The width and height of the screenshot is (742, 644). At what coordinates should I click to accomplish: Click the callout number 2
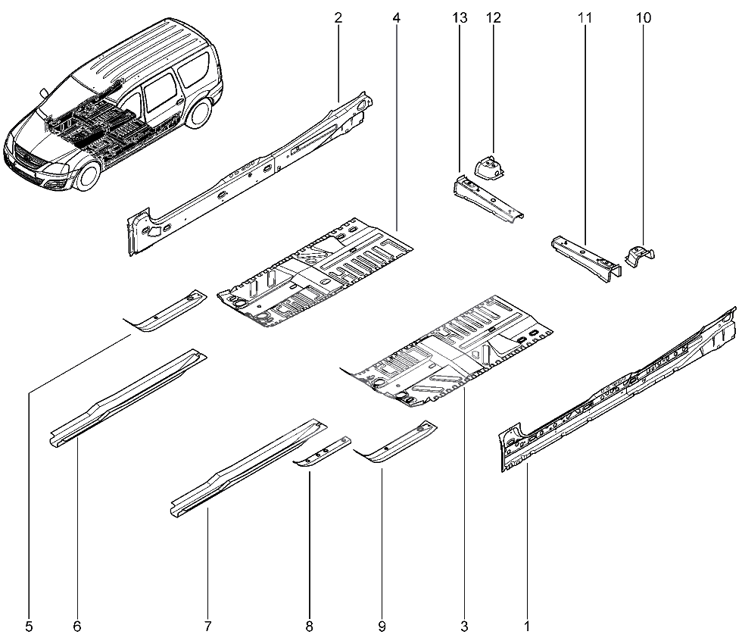tap(338, 17)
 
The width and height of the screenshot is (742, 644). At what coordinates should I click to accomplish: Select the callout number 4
tap(397, 17)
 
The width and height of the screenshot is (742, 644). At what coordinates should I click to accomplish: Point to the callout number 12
tap(494, 17)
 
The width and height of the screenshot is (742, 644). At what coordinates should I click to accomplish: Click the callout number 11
tap(585, 17)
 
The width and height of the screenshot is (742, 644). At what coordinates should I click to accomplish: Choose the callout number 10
tap(644, 17)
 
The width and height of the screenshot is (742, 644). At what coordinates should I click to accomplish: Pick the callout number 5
tap(29, 627)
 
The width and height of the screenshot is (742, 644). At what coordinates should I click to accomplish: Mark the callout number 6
tap(77, 627)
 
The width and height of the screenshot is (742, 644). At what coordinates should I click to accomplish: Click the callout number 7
tap(207, 627)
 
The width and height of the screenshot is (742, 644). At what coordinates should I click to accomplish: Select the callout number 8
tap(309, 627)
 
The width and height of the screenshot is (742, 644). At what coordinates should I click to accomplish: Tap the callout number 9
tap(382, 627)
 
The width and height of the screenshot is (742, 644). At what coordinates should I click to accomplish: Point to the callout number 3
tap(464, 627)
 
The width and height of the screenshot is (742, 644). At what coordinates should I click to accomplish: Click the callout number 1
tap(526, 627)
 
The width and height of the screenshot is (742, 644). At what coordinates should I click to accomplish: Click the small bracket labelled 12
tap(488, 166)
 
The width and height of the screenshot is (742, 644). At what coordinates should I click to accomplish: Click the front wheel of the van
tap(89, 175)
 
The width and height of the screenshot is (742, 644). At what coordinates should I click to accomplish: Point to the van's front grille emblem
tap(23, 160)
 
